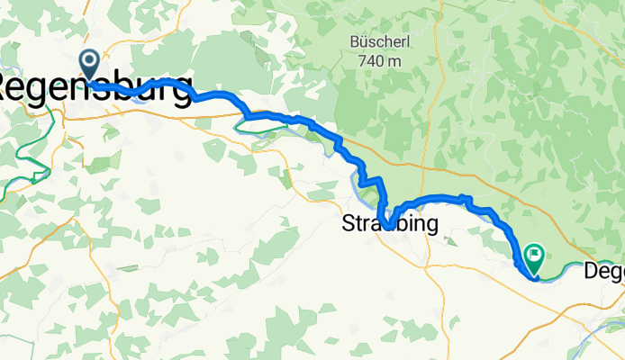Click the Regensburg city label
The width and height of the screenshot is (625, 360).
point(95,88)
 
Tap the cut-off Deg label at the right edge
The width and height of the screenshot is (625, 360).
point(604,270)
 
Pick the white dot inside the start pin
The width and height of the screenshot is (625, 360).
point(90,60)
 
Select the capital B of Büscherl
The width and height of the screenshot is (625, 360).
point(354,41)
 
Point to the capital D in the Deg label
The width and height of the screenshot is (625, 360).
point(592,268)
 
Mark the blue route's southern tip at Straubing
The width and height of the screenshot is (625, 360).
point(385,227)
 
